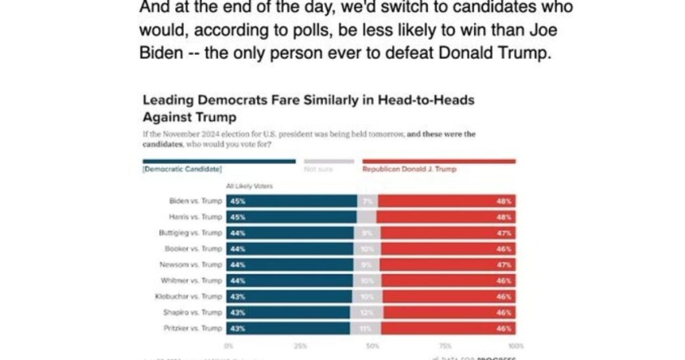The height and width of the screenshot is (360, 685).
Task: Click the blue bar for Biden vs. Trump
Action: tap(292, 200)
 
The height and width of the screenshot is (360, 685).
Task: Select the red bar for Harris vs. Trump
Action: tap(446, 216)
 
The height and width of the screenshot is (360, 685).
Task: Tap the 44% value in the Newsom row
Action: tap(235, 265)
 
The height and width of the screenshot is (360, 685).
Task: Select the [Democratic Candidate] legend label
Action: tap(182, 169)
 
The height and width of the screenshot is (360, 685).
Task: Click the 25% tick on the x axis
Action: tap(300, 346)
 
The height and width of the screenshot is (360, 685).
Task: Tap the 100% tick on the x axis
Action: tap(516, 346)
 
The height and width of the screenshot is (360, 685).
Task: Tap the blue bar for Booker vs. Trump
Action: tap(290, 249)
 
